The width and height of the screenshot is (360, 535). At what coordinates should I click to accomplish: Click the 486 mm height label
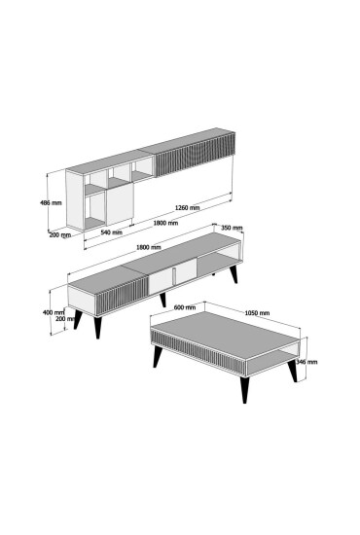coord(51,202)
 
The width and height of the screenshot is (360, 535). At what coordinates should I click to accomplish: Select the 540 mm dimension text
coord(111,232)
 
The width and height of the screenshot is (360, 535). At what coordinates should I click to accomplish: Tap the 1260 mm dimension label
coord(188,207)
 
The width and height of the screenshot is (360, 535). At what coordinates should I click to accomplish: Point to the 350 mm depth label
coord(232,228)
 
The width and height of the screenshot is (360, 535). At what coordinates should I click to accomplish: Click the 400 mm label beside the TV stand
coord(54,312)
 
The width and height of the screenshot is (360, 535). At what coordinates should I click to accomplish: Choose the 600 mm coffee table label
coord(185,307)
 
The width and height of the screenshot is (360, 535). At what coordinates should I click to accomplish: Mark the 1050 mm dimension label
coord(257,313)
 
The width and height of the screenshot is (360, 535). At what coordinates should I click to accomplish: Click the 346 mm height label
coord(306,362)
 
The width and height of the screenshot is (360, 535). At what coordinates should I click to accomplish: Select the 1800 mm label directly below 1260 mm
coord(165,223)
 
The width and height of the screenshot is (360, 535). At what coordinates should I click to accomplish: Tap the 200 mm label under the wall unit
coord(60,234)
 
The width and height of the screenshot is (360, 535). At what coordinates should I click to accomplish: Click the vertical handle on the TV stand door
coord(174,275)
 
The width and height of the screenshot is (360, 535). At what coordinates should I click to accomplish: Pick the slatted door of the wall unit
coord(196,155)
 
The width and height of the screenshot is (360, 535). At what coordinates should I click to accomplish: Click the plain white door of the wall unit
coord(120,203)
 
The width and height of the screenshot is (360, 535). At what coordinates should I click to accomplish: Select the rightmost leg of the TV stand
coord(234,274)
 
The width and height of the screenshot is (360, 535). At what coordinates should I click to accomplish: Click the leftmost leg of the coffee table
coord(158,357)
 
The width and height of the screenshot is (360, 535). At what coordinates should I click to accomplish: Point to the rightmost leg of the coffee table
coord(293,372)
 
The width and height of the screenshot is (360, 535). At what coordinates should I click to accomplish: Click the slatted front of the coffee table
coord(198,352)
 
